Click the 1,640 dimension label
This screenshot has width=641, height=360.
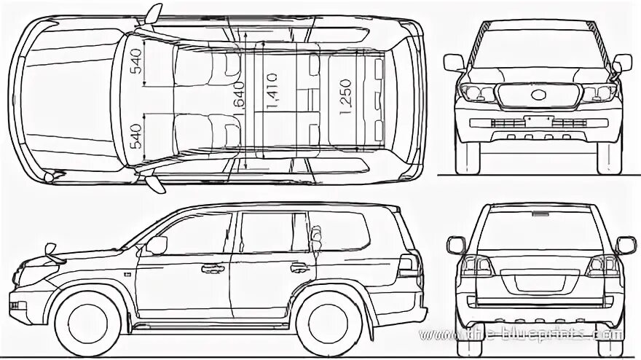[240, 95]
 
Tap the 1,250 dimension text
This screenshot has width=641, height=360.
[345, 96]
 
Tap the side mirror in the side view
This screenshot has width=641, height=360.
[156, 245]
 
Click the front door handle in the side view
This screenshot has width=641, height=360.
[213, 268]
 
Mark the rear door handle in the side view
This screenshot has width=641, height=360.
[299, 267]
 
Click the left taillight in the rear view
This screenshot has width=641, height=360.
[477, 266]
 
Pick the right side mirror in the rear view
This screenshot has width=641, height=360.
[625, 245]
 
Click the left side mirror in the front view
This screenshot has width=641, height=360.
[453, 63]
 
